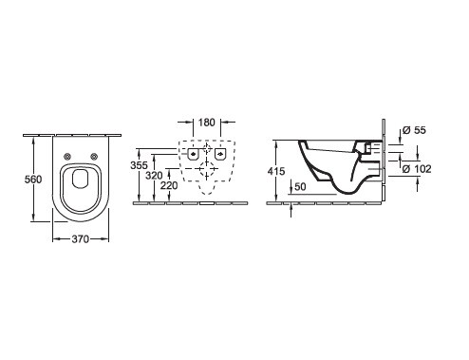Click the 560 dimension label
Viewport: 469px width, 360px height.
click(x=33, y=180)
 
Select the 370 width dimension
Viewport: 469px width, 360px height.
click(x=81, y=239)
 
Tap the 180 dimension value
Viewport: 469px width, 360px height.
click(x=207, y=123)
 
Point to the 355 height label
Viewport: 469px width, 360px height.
click(x=139, y=165)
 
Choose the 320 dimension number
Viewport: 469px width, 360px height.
click(x=154, y=175)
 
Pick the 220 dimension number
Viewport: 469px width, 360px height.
click(x=169, y=185)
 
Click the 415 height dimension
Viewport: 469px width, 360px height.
click(x=276, y=171)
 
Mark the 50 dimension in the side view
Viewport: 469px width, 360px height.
click(x=300, y=187)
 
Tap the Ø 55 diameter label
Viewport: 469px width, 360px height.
click(x=415, y=130)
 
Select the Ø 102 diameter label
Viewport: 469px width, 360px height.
click(x=417, y=169)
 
